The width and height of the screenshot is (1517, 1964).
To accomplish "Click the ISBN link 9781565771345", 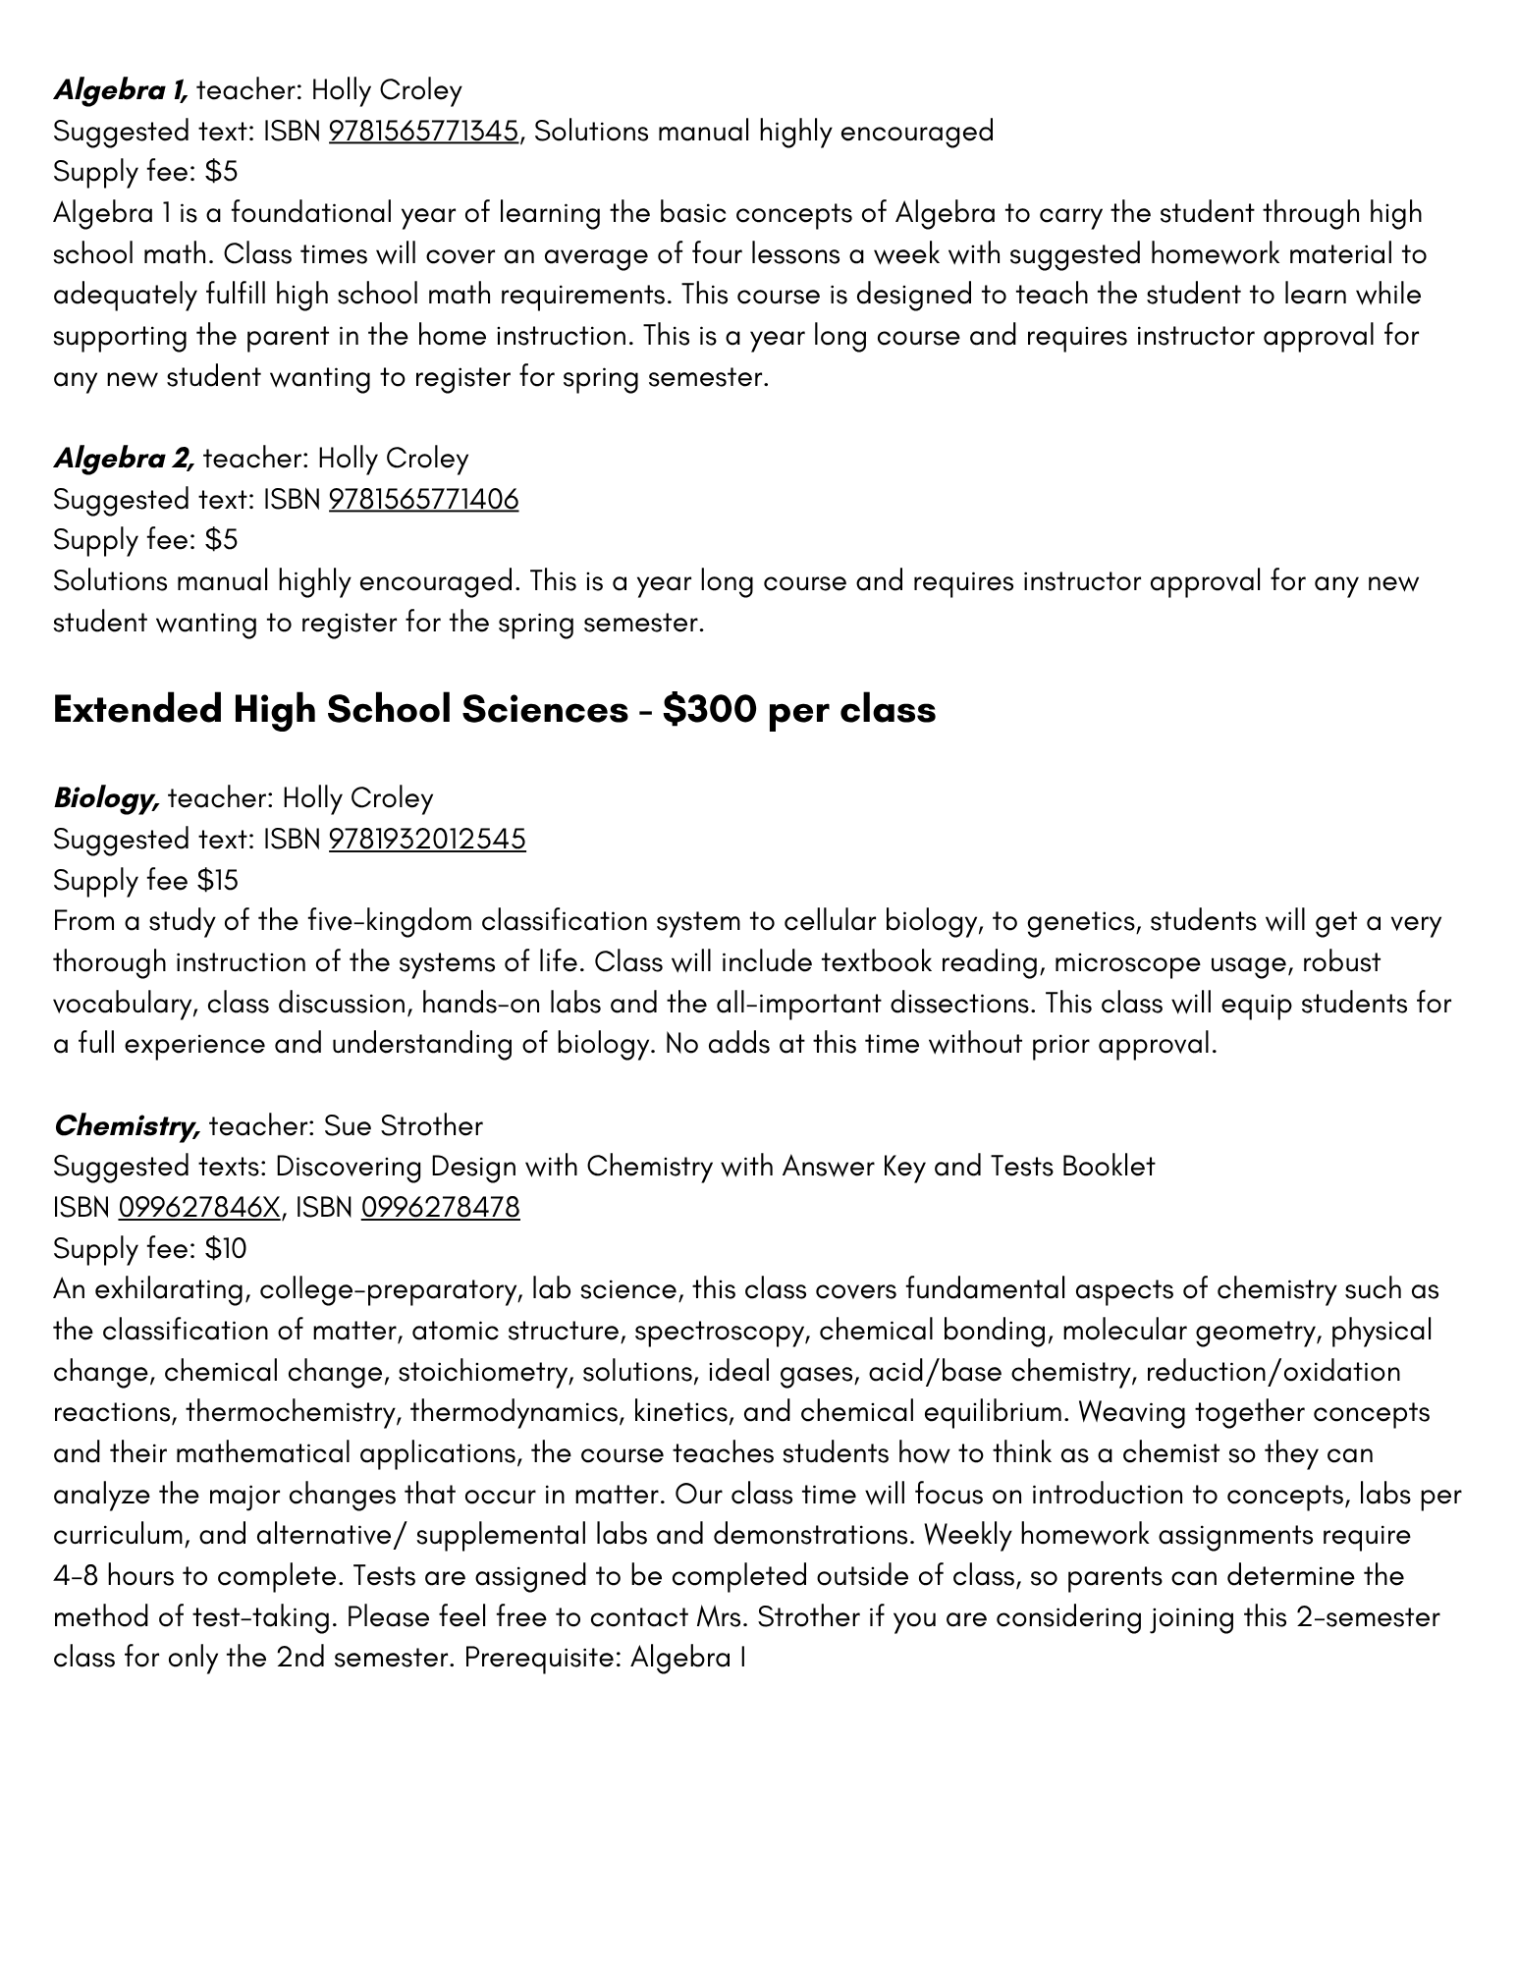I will [x=423, y=132].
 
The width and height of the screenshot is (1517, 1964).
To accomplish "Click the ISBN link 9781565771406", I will [x=423, y=500].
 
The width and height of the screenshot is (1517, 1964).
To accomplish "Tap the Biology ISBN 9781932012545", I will [x=427, y=840].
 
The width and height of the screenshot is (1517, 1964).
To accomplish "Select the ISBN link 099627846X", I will [x=199, y=1207].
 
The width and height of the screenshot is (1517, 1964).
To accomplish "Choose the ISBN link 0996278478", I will [x=440, y=1207].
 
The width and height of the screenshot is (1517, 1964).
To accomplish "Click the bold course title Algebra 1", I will [x=120, y=91].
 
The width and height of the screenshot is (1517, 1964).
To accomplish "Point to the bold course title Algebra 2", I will [x=124, y=459].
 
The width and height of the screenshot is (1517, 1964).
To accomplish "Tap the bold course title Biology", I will [x=106, y=798].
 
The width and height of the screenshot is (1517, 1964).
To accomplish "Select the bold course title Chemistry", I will [x=127, y=1125].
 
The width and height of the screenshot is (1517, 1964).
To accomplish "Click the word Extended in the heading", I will [x=137, y=710].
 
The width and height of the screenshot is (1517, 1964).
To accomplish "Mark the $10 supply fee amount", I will [x=226, y=1249].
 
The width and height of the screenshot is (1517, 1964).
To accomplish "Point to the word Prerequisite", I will [x=541, y=1659].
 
